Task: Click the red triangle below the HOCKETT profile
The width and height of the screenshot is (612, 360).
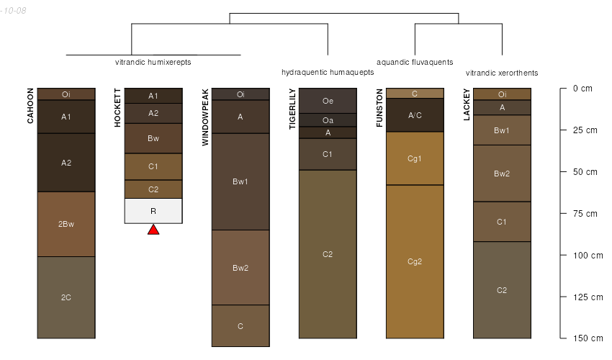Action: (x=153, y=230)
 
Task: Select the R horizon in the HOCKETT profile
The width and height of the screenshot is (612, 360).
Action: (x=153, y=211)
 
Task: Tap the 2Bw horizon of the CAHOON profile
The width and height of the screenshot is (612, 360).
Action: (x=66, y=224)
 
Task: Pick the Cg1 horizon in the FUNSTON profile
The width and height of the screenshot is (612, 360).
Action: (x=415, y=158)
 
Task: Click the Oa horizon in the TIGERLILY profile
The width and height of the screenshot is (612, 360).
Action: (x=328, y=120)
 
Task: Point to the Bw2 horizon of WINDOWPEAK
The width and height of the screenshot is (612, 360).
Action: (x=240, y=267)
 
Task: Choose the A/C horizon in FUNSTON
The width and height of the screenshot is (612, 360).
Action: (x=415, y=115)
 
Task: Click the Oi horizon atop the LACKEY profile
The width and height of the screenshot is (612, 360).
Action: (x=502, y=94)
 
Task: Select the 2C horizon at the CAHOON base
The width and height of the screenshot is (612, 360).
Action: (x=66, y=297)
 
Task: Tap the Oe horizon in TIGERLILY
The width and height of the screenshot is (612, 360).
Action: (x=328, y=101)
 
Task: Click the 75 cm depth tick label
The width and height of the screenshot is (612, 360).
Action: (x=585, y=214)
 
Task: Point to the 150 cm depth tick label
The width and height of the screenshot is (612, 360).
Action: (x=588, y=338)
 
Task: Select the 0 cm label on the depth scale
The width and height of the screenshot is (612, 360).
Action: (x=582, y=89)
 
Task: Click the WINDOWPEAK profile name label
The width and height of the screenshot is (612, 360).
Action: (x=205, y=117)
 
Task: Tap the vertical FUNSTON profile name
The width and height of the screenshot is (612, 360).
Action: (x=379, y=108)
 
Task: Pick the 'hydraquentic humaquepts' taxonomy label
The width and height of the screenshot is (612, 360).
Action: (x=328, y=72)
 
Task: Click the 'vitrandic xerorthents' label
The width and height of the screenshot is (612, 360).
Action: (x=502, y=73)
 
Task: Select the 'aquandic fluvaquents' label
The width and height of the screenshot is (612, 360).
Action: (x=415, y=62)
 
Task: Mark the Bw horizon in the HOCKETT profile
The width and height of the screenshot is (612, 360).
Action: (x=153, y=138)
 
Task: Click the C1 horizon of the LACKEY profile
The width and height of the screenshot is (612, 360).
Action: (x=502, y=222)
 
